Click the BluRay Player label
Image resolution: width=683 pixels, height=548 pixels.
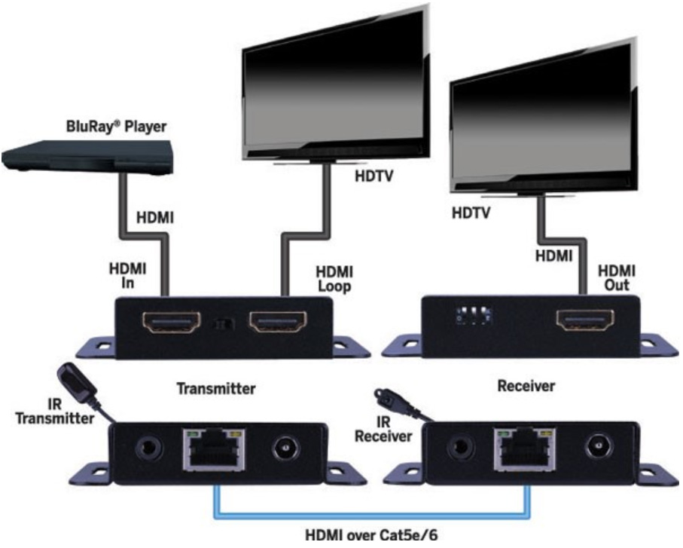coord(116,127)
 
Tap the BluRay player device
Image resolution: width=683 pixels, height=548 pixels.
coord(87,158)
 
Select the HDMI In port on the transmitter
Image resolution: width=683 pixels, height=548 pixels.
coord(172,323)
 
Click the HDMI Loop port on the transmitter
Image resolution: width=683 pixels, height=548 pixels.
coord(277,322)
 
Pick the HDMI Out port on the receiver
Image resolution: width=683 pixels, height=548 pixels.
coord(585,320)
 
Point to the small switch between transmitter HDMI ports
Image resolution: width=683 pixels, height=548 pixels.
coord(224,324)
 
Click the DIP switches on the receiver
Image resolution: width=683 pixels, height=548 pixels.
coord(473,316)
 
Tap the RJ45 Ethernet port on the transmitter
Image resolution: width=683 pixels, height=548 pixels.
coord(214,450)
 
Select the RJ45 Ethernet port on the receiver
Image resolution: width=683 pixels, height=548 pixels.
coord(525,449)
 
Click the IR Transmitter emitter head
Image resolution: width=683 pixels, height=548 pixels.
coord(75,383)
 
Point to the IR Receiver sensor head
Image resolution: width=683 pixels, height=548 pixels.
coord(384,396)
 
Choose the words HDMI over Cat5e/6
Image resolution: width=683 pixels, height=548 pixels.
coord(371,535)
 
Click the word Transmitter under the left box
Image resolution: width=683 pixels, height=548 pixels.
coord(216,388)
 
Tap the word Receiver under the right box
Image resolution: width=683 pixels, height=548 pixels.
coord(526,386)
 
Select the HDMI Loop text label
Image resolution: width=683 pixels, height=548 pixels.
coord(334,279)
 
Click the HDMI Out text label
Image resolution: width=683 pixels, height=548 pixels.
coord(616,277)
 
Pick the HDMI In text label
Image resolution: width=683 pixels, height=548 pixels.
coord(127,276)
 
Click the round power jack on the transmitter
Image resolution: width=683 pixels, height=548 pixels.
coord(285,449)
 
